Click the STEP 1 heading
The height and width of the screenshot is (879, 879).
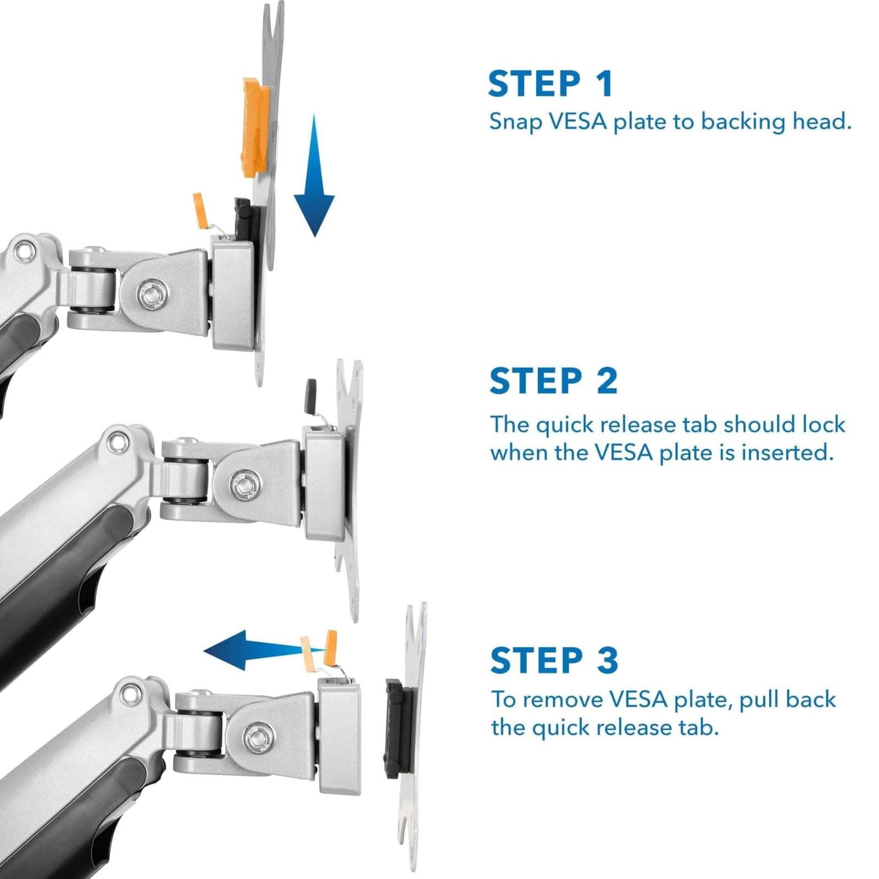549,84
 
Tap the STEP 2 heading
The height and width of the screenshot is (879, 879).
553,381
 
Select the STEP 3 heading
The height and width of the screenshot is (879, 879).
553,660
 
